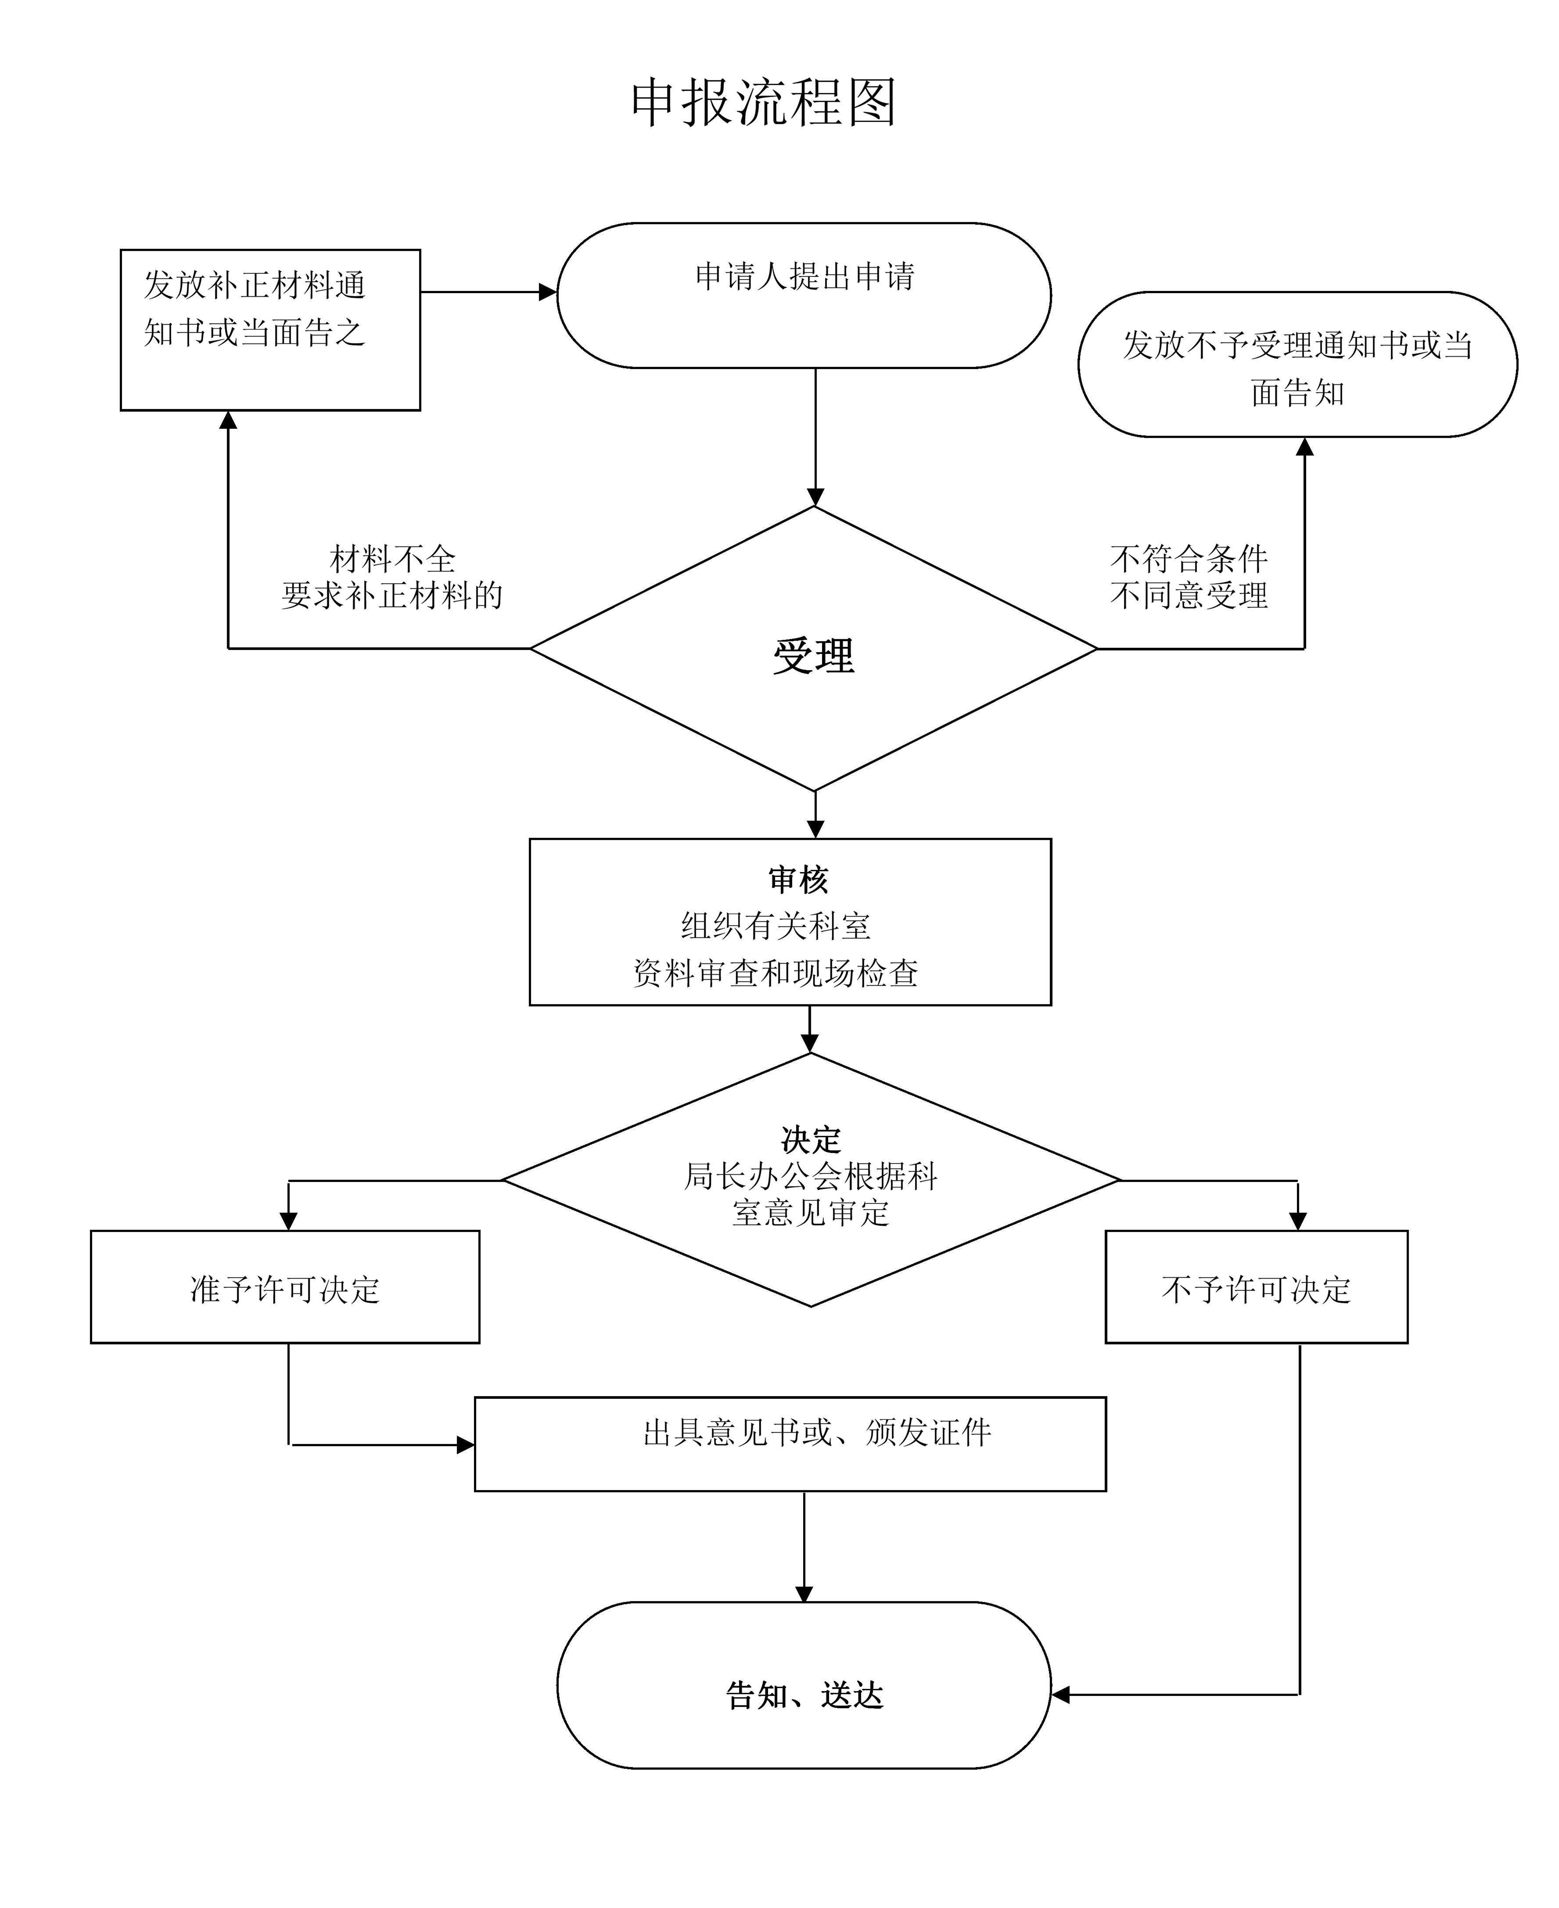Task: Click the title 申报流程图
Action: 763,102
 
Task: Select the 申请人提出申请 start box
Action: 804,295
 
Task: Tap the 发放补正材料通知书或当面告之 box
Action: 270,330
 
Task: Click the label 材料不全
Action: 392,559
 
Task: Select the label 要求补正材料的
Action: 392,595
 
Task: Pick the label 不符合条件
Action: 1188,559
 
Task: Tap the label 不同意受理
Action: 1188,595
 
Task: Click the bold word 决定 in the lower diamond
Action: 811,1140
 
